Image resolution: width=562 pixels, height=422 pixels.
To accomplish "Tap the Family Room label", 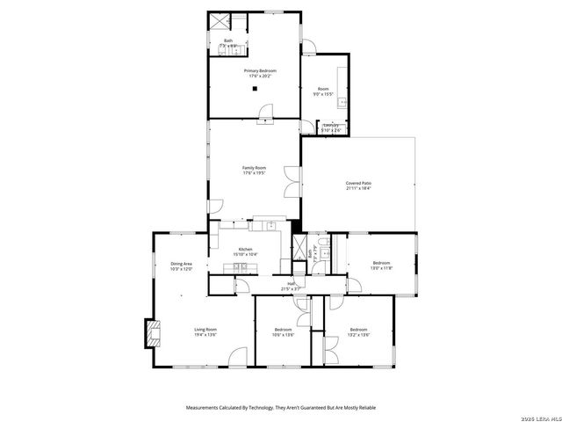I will coord(255,167).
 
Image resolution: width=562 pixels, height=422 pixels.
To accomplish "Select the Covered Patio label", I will coord(358,183).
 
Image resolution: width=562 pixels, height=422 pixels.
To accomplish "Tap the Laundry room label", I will coord(331,126).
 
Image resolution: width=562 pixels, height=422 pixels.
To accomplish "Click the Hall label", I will coord(291,283).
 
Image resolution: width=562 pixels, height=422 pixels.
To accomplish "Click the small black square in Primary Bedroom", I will coord(255,88).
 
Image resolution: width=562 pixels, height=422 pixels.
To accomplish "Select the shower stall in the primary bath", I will coord(217,21).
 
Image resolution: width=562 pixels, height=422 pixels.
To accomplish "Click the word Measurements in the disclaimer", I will coord(207,408).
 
